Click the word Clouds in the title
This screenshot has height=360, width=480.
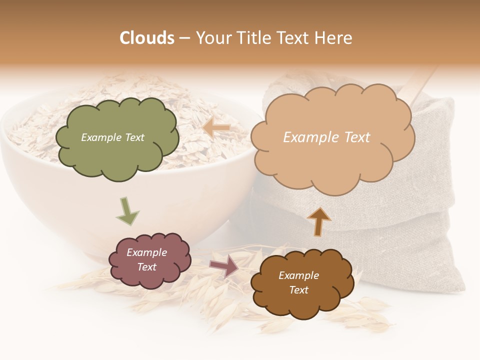147,38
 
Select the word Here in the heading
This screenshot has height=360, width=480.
334,38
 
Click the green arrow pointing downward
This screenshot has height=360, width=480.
127,210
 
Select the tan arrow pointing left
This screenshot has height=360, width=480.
216,128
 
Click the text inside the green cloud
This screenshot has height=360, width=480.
112,137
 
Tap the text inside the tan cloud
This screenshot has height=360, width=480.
326,137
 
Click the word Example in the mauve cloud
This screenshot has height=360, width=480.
146,252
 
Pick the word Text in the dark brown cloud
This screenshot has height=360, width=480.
298,290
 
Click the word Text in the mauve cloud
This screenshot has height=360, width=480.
146,267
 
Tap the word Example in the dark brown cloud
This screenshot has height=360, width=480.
298,275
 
